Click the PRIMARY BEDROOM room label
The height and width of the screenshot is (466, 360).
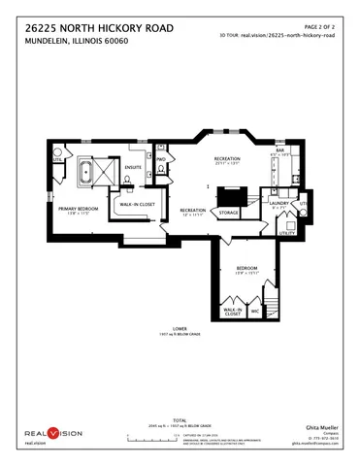point(80,210)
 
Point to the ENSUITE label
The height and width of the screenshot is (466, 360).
point(133,167)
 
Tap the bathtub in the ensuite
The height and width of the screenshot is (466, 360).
point(83,175)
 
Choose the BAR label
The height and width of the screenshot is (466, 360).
point(279,150)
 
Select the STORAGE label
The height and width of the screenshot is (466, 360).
point(228,212)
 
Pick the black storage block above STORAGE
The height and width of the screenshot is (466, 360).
point(233,193)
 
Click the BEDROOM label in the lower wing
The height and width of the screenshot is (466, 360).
point(245,268)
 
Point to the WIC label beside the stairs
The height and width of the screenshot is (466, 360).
point(255,312)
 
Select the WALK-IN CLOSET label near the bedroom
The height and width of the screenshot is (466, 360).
point(232,312)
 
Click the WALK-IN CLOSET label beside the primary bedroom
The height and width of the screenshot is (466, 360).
point(138,205)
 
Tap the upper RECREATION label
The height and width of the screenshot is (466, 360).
point(228,158)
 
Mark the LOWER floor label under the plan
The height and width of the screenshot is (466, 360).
point(180,328)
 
